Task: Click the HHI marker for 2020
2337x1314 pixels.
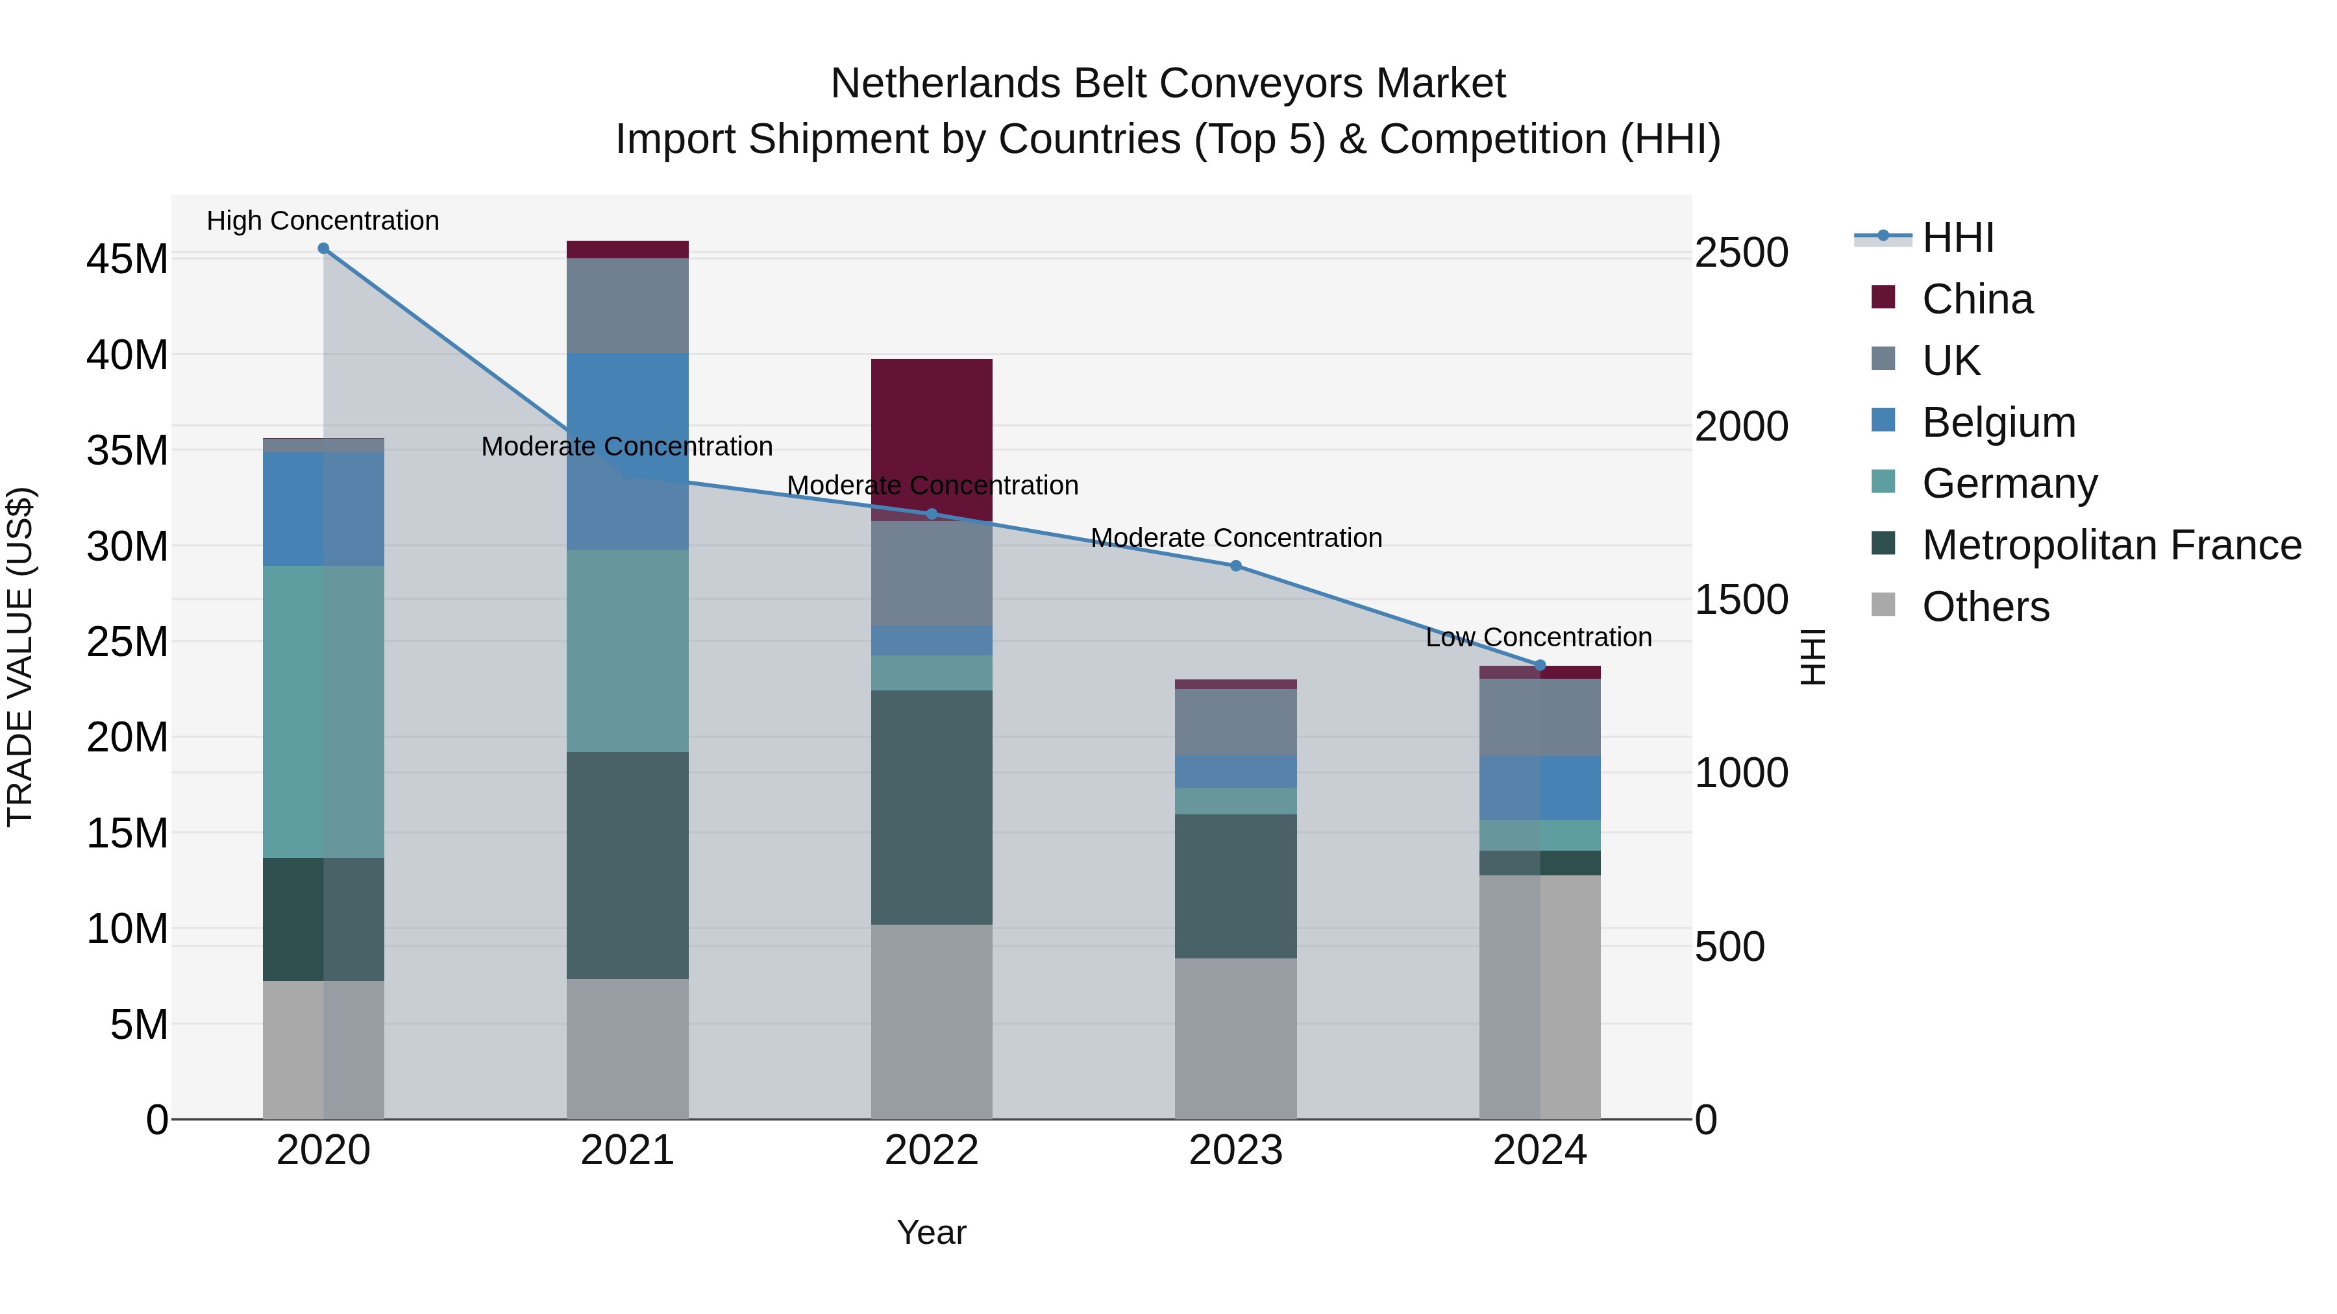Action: click(323, 249)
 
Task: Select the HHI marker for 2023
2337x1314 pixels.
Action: click(1235, 566)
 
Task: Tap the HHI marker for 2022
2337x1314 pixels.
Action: click(932, 514)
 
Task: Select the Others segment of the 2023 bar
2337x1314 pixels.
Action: click(1235, 1038)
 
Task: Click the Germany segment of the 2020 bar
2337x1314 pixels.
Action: click(323, 712)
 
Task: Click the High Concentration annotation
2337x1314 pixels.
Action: click(323, 221)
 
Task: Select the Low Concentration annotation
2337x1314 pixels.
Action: click(1539, 637)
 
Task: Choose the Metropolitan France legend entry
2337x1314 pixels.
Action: click(2110, 545)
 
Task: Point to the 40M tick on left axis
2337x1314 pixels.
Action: click(127, 354)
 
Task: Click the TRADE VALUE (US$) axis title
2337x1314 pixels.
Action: click(20, 657)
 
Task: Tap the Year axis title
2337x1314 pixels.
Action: click(932, 1232)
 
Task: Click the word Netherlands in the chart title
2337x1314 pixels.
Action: click(945, 84)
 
